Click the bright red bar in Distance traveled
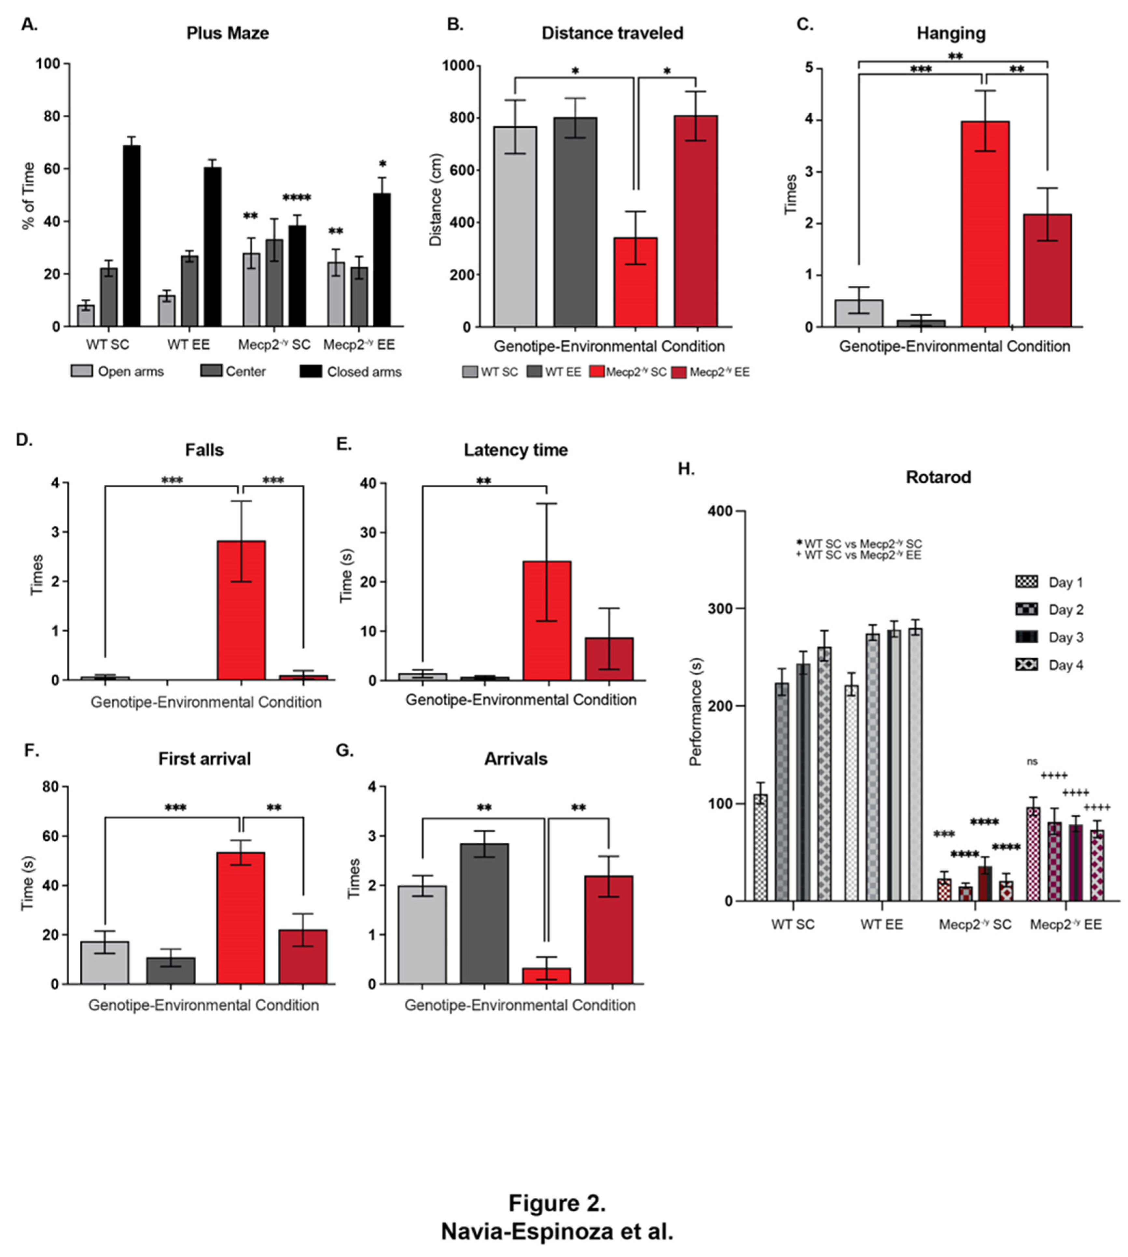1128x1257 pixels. (635, 282)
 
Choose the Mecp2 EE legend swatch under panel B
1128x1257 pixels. (679, 372)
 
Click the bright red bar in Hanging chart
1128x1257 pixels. (985, 223)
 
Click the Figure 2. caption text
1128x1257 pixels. (557, 1203)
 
